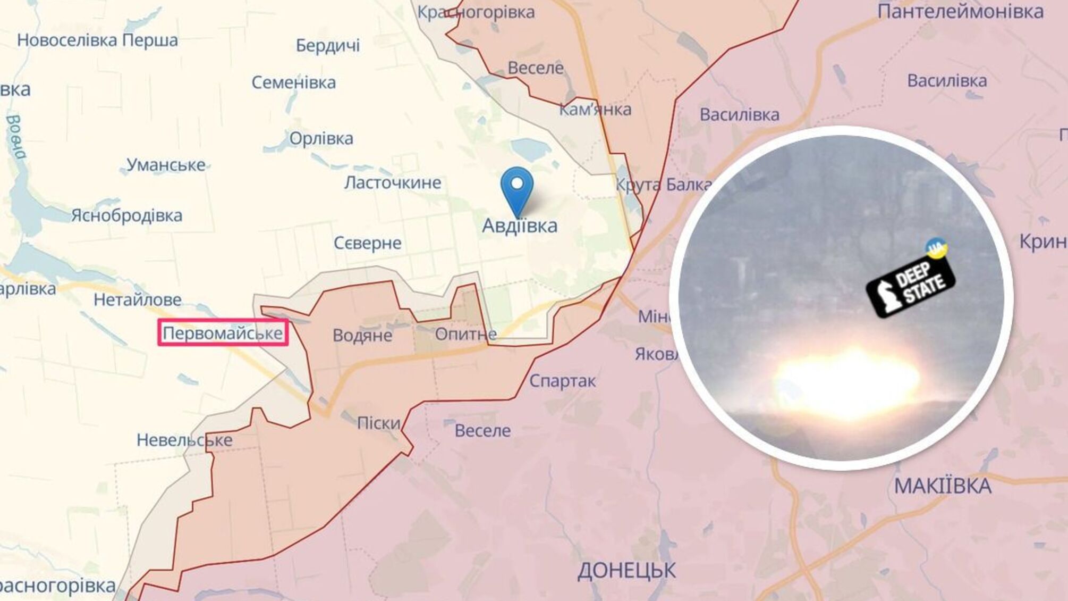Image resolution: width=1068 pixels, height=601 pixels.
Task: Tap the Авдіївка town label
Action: pyautogui.click(x=520, y=226)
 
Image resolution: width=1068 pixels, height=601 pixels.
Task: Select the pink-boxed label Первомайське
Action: pyautogui.click(x=223, y=333)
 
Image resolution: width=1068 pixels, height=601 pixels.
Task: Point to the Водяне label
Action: pyautogui.click(x=362, y=335)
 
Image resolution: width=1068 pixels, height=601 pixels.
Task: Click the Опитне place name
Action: pyautogui.click(x=465, y=334)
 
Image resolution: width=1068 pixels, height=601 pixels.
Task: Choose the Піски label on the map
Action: pyautogui.click(x=378, y=423)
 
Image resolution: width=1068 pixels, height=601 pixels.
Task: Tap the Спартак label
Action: pyautogui.click(x=562, y=381)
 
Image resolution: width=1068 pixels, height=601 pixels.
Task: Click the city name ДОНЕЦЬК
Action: pyautogui.click(x=626, y=571)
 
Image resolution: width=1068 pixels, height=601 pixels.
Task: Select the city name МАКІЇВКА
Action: pyautogui.click(x=943, y=486)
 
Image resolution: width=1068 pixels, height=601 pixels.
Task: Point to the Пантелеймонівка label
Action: pyautogui.click(x=960, y=12)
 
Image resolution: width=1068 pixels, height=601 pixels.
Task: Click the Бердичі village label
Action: pyautogui.click(x=328, y=46)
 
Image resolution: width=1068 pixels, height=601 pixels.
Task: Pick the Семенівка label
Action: pyautogui.click(x=293, y=82)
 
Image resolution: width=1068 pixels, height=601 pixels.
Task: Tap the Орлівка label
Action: pyautogui.click(x=321, y=138)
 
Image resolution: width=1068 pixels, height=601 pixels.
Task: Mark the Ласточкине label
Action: pyautogui.click(x=393, y=182)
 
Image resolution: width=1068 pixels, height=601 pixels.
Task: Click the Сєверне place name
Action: pyautogui.click(x=367, y=243)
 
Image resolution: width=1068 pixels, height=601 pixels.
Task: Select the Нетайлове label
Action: pyautogui.click(x=138, y=300)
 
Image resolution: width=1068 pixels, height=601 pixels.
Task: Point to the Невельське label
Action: pyautogui.click(x=184, y=440)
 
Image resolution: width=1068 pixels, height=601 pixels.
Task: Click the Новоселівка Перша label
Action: pyautogui.click(x=97, y=40)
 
